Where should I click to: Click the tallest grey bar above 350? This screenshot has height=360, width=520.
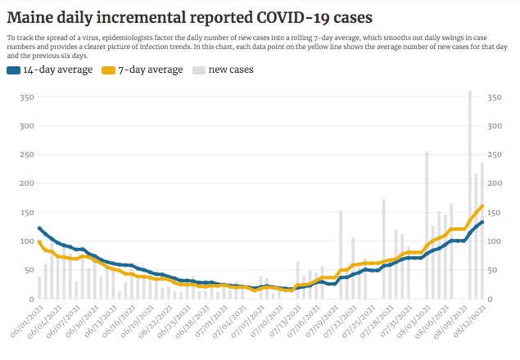[x=469, y=196]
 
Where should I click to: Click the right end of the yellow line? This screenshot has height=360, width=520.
[x=482, y=206]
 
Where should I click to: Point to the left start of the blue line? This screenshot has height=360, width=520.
[x=39, y=228]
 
